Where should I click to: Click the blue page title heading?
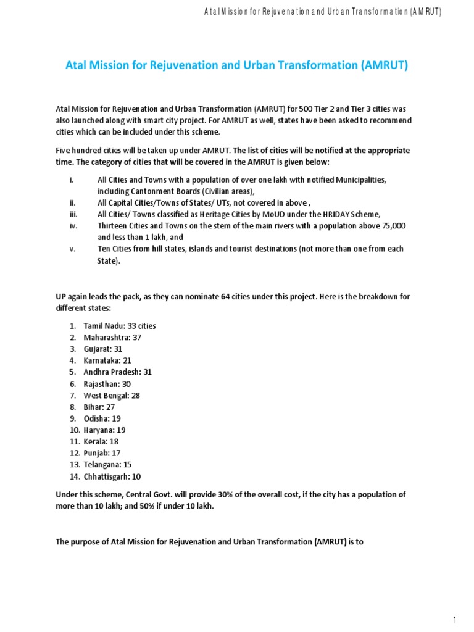coord(236,65)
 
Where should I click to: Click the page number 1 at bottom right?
coord(454,620)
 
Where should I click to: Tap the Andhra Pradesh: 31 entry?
coord(117,372)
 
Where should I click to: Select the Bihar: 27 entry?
coord(99,407)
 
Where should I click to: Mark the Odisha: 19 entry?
coord(102,418)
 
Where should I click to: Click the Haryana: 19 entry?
coord(104,430)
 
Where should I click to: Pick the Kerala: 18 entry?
coord(101,442)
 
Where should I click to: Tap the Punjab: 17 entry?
coord(102,453)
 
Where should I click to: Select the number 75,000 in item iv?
coord(393,226)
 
